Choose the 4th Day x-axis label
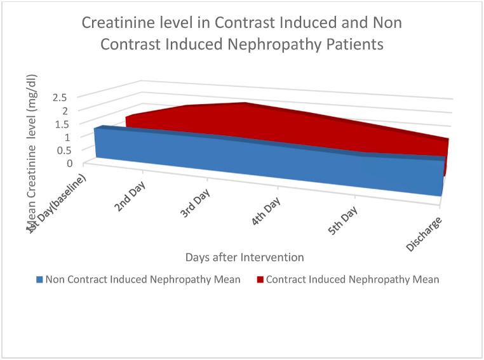point(267,213)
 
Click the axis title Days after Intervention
point(244,257)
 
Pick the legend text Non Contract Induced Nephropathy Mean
point(142,279)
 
